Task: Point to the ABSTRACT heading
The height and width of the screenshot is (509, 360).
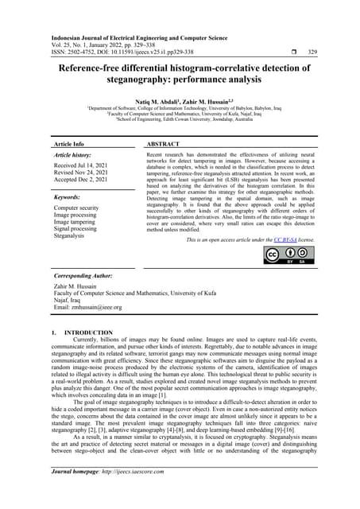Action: pos(163,144)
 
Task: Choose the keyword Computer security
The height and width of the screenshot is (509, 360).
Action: pos(76,208)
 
